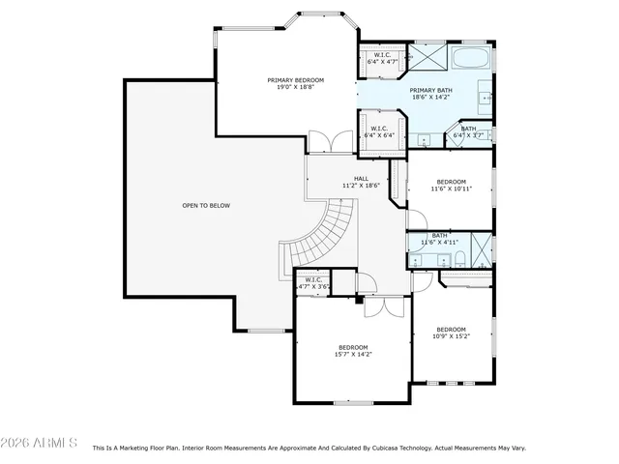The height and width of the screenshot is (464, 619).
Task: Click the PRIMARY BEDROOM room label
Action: [x=295, y=83]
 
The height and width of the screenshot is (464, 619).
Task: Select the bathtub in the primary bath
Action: [x=470, y=58]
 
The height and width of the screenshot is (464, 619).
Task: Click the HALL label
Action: [x=361, y=181]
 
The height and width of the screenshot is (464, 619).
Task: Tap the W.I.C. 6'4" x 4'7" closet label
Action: [x=381, y=58]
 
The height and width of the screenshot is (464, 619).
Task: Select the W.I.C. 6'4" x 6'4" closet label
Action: [x=378, y=131]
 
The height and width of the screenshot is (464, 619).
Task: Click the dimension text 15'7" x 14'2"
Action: [x=353, y=355]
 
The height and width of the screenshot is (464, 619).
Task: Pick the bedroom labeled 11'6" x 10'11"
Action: [x=451, y=185]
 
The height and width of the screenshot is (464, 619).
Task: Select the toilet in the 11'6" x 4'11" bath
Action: [x=460, y=258]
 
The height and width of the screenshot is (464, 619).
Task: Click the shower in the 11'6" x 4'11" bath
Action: [x=481, y=248]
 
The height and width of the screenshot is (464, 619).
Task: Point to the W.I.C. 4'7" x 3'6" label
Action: [x=313, y=283]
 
